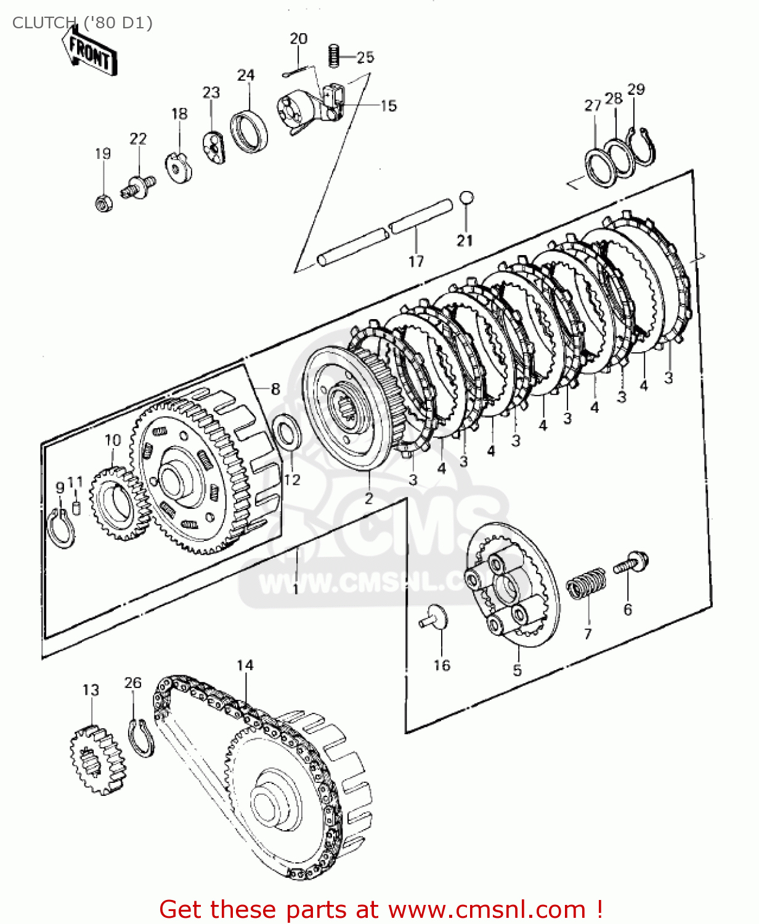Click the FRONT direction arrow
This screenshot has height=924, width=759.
coord(89,54)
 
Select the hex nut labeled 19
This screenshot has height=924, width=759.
coord(103,201)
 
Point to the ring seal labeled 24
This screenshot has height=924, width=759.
coord(250,131)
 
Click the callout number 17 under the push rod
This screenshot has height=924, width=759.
coord(416,261)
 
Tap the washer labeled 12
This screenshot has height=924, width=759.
coord(287,431)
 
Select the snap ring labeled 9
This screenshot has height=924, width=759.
coord(61,529)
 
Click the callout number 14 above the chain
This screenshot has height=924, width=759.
coord(245,665)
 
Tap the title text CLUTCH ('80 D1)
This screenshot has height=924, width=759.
coord(82,23)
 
